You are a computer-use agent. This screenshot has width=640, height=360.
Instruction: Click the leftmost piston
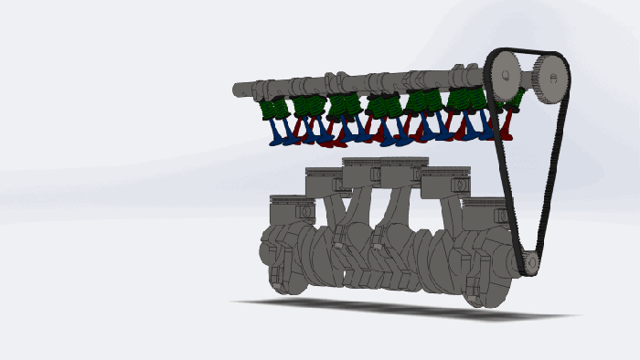(x=293, y=209)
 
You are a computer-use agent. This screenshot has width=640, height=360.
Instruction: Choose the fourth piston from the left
(x=403, y=169)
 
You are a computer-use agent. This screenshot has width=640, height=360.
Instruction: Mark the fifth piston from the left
(x=445, y=180)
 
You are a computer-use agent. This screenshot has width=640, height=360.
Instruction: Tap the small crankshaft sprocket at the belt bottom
(x=530, y=262)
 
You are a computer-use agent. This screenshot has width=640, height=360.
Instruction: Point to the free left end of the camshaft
(x=240, y=90)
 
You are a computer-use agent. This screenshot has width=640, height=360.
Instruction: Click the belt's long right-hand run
(x=555, y=174)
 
